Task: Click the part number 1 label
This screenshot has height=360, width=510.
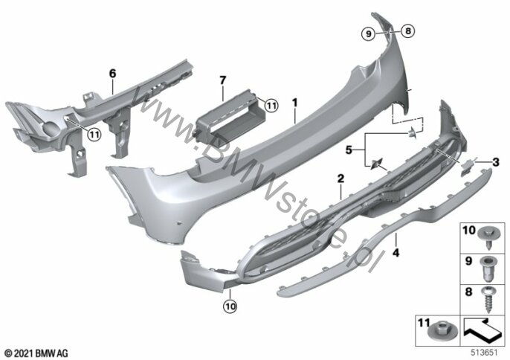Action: (x=294, y=103)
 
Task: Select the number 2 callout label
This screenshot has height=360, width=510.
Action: (x=340, y=179)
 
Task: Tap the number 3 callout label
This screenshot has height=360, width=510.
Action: (x=496, y=161)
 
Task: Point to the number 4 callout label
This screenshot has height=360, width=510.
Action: (x=396, y=252)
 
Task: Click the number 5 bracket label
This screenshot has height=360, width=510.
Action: (x=349, y=150)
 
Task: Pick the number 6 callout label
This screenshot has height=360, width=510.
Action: (x=112, y=74)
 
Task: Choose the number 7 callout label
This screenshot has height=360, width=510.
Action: (x=222, y=80)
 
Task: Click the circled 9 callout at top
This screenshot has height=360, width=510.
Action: (x=369, y=33)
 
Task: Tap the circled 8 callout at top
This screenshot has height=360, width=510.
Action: (x=408, y=31)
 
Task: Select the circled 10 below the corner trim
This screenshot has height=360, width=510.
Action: (x=230, y=306)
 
